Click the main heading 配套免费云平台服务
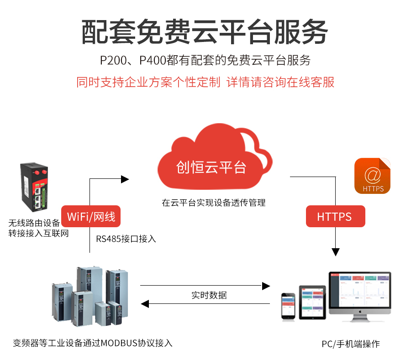(x=205, y=32)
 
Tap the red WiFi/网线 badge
(x=91, y=216)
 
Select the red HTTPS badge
(x=335, y=216)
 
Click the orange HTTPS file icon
(x=372, y=176)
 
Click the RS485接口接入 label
(x=126, y=239)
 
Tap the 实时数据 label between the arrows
(x=209, y=295)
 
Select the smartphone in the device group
(x=288, y=306)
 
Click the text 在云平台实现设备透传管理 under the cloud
(x=213, y=203)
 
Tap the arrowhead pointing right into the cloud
(x=125, y=179)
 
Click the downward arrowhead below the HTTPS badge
(x=336, y=252)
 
